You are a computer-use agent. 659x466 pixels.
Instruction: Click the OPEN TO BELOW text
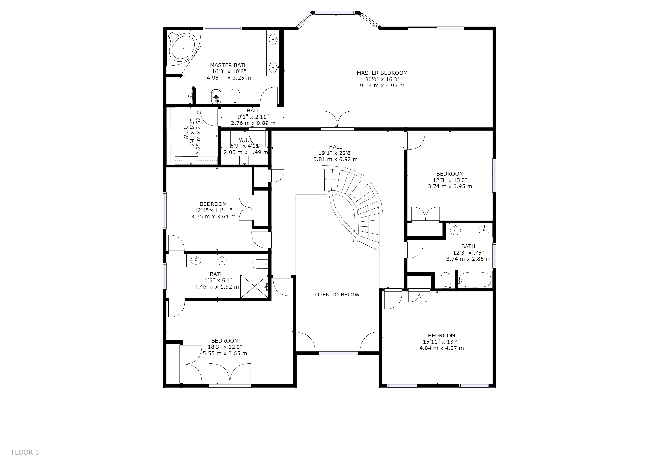click(x=337, y=295)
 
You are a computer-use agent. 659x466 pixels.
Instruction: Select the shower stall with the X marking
click(x=254, y=286)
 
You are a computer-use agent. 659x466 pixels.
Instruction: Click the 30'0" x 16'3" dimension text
click(x=382, y=79)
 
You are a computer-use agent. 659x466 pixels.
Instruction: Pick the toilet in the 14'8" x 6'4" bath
click(x=260, y=264)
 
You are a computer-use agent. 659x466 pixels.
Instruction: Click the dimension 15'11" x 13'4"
click(x=441, y=342)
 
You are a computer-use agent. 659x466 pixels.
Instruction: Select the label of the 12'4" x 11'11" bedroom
click(x=213, y=204)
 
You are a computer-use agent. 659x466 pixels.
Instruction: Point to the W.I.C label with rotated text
click(x=186, y=133)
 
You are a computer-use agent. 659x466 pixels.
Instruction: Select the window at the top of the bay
click(x=335, y=13)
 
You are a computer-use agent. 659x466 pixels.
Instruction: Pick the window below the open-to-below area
click(x=338, y=353)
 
